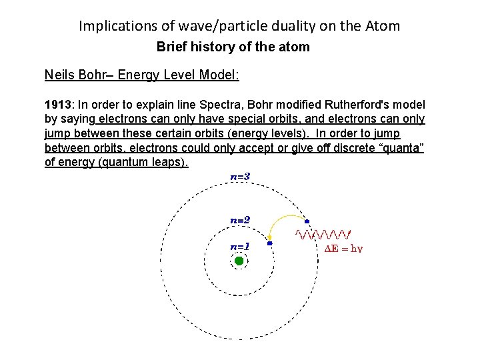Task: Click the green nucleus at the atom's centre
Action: (239, 261)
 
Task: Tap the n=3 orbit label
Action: (240, 177)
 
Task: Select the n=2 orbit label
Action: (240, 219)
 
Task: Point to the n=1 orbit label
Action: (240, 246)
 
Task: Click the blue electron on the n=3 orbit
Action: (307, 221)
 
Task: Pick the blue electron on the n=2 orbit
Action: (269, 244)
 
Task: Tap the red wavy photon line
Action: (323, 233)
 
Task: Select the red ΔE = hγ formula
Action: (343, 249)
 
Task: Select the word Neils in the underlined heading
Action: (59, 75)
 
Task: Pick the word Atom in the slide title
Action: (383, 26)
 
